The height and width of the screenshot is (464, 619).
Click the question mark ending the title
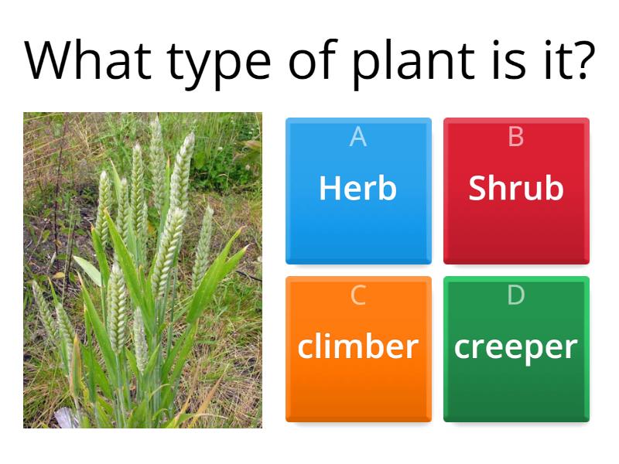point(581,60)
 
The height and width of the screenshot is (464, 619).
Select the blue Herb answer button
point(358,191)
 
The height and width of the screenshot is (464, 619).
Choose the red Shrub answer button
point(516,191)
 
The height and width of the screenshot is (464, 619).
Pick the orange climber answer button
point(358,349)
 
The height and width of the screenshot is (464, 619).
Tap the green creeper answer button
point(516,349)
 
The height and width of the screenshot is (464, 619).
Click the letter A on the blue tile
point(357,137)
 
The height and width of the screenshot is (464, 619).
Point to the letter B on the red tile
point(516,137)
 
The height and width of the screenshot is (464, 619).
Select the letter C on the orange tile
point(358,295)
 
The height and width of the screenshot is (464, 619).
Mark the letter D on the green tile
point(516,295)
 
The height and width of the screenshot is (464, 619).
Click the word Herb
point(357,188)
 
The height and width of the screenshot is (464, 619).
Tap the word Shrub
point(516,188)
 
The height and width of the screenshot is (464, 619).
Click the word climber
point(358,347)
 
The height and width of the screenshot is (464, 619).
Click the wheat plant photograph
point(142,270)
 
